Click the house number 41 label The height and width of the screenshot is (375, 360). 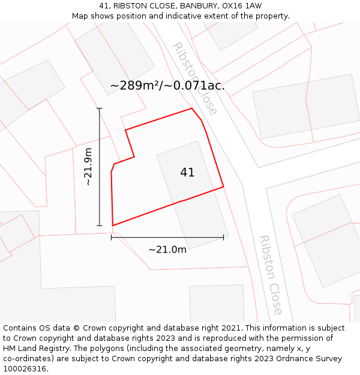coord(187,172)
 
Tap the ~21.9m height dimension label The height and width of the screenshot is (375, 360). coord(88,167)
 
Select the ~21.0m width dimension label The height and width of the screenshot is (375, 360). coord(167,249)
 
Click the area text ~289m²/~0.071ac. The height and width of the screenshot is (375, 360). coord(167,85)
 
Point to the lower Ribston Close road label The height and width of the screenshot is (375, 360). coord(270,274)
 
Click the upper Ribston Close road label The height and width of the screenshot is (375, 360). coord(194,78)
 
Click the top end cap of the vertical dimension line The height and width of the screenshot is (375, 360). coord(100,109)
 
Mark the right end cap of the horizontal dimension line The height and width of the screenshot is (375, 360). coord(223,238)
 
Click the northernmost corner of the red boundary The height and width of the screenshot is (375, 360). coord(191,109)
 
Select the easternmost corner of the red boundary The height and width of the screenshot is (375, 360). coord(223,187)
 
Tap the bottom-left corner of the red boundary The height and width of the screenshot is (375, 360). coord(113,226)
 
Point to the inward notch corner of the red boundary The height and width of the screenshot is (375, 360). coord(134,157)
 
